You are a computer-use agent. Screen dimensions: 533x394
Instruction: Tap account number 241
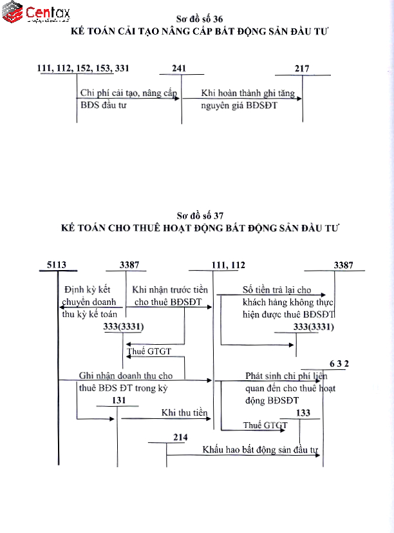(181, 68)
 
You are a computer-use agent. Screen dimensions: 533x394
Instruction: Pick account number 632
(339, 363)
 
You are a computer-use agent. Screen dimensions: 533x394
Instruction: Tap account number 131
(117, 400)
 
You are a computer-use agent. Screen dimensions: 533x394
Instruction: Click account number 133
(304, 412)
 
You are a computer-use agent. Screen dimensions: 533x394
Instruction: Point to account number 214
(180, 438)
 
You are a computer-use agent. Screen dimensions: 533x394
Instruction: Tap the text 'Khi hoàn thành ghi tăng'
(248, 93)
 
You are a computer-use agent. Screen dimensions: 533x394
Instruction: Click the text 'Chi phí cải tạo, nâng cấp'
(128, 93)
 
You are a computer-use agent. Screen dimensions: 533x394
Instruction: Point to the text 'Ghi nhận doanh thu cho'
(126, 375)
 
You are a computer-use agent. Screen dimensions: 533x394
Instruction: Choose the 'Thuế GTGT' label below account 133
(265, 425)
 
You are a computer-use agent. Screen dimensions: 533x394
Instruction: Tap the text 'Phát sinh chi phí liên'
(286, 375)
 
